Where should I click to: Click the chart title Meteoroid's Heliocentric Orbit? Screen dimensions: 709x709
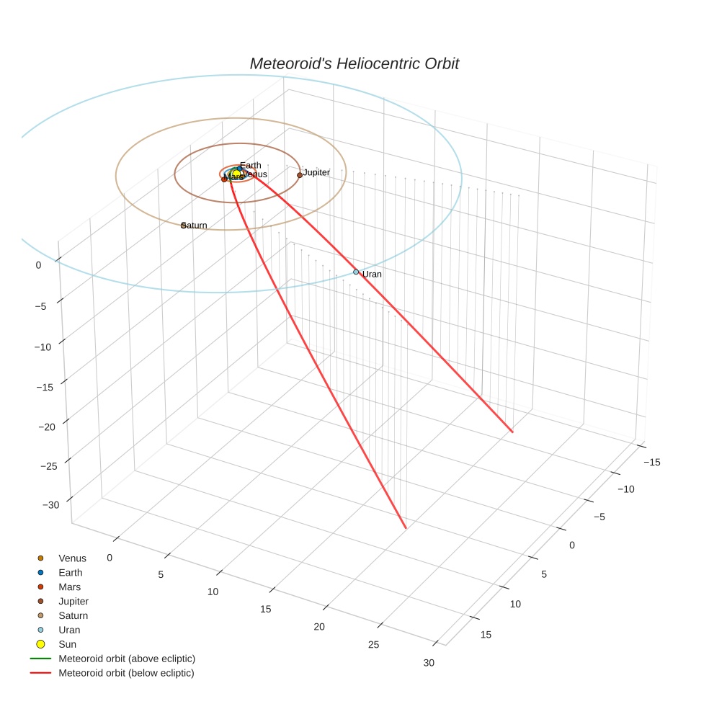(354, 63)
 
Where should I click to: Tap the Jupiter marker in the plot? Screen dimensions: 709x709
(300, 175)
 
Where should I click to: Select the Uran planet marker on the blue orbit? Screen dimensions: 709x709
(356, 272)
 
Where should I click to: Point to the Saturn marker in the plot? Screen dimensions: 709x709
(183, 226)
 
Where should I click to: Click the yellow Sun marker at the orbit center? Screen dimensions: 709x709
(236, 174)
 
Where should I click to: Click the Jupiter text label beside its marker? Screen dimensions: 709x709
(316, 172)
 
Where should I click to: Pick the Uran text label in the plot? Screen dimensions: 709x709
(372, 275)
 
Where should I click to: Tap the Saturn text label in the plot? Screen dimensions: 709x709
(195, 226)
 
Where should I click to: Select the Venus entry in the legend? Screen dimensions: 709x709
(72, 558)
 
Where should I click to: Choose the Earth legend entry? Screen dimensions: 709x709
(71, 573)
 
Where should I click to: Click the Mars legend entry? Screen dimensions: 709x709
(70, 587)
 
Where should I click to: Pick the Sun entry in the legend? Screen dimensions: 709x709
(67, 644)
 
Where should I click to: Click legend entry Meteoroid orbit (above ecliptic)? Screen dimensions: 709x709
(127, 659)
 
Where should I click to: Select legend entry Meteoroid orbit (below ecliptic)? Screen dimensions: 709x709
(126, 673)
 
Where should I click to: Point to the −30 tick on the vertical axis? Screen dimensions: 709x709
(51, 505)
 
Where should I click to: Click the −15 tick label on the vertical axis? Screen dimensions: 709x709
(45, 387)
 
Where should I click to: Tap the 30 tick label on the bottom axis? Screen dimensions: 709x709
(429, 663)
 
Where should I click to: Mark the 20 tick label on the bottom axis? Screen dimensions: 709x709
(318, 627)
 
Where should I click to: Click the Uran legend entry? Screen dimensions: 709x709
(71, 630)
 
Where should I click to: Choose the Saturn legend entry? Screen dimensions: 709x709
(73, 615)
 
